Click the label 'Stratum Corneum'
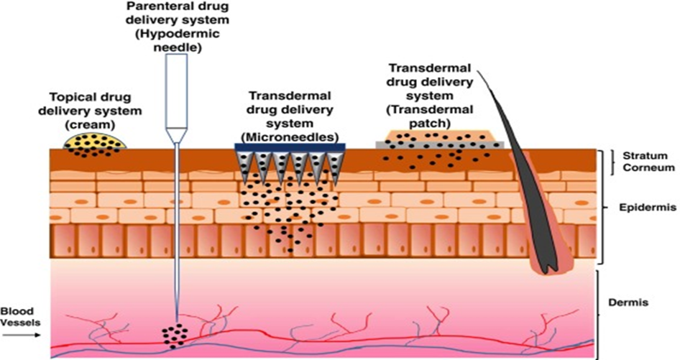(645, 162)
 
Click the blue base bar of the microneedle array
(290, 147)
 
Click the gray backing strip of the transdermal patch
(439, 146)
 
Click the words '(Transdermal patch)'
(430, 116)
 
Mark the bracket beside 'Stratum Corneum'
(612, 162)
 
